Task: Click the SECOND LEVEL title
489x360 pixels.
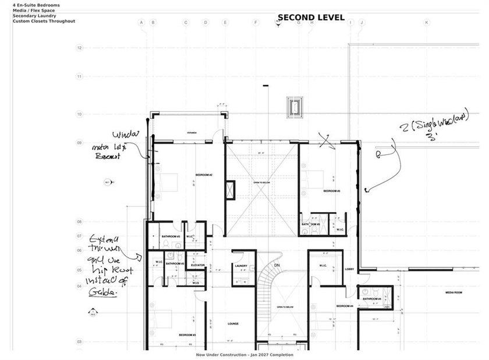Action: pyautogui.click(x=311, y=17)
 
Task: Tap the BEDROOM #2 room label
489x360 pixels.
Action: pyautogui.click(x=203, y=175)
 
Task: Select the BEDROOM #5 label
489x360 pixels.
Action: pyautogui.click(x=331, y=191)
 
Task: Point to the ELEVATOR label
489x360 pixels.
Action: pyautogui.click(x=197, y=265)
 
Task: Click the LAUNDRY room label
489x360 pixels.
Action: pyautogui.click(x=242, y=266)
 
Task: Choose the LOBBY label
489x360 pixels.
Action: pyautogui.click(x=349, y=269)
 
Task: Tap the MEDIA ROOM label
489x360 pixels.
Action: pyautogui.click(x=453, y=292)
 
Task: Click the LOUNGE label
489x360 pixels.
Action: pyautogui.click(x=233, y=324)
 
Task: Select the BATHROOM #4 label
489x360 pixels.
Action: pyautogui.click(x=371, y=299)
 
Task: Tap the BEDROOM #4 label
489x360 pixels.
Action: pyautogui.click(x=345, y=306)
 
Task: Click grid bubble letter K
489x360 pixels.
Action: pyautogui.click(x=427, y=23)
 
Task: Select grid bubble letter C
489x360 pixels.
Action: pyautogui.click(x=186, y=23)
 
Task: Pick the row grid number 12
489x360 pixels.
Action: pyautogui.click(x=79, y=47)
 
